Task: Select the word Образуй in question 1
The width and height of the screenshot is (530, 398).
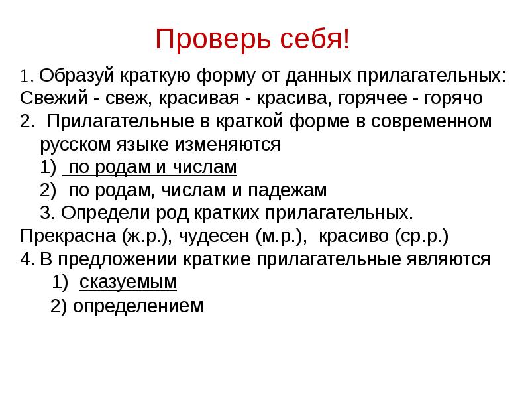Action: point(74,75)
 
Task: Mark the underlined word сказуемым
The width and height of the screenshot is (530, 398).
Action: point(128,282)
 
